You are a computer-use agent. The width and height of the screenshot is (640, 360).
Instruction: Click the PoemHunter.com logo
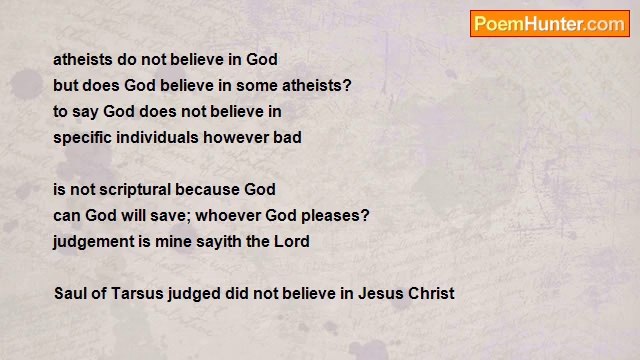(549, 24)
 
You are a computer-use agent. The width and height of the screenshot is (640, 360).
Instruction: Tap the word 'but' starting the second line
(65, 85)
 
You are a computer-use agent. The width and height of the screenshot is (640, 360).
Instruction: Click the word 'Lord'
(292, 241)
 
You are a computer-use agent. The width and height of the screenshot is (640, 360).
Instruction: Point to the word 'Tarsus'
(135, 293)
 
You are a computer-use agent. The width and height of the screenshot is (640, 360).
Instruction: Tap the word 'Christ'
(431, 293)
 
